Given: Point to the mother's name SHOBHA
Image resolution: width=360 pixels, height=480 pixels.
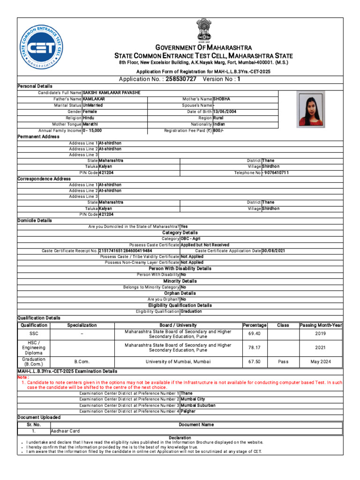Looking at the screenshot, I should click(222, 99).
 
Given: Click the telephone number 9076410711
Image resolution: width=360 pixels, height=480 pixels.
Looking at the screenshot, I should click(276, 173).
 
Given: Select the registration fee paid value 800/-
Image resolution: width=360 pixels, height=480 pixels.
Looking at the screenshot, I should click(218, 131).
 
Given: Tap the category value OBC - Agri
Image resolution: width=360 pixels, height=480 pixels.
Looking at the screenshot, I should click(189, 239).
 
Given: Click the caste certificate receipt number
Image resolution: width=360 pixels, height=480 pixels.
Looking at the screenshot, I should click(125, 251).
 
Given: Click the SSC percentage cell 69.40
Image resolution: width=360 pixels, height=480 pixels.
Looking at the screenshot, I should click(255, 334).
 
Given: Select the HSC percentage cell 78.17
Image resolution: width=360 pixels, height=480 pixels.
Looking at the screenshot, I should click(255, 348).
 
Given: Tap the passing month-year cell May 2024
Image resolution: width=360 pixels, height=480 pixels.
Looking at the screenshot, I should click(321, 362).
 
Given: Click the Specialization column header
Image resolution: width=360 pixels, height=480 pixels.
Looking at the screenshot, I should click(82, 325).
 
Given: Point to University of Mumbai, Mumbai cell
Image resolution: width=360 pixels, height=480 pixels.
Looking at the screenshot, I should click(178, 362).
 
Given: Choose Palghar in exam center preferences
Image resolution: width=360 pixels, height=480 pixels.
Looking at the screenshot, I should click(188, 411).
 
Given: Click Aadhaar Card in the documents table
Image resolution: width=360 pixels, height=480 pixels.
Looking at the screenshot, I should click(65, 431).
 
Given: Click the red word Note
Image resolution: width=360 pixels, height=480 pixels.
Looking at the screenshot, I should click(22, 377).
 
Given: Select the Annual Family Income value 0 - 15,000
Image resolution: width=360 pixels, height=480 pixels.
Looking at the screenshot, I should click(92, 131).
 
